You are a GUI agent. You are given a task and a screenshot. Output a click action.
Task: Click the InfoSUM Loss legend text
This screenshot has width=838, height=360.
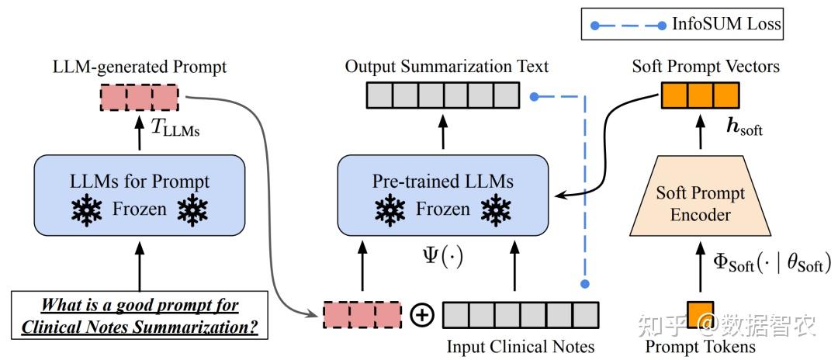tap(726, 24)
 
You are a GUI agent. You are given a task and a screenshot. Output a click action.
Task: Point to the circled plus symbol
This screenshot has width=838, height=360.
tap(421, 315)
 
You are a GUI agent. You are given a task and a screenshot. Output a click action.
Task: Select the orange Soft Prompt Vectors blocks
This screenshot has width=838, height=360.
tap(700, 95)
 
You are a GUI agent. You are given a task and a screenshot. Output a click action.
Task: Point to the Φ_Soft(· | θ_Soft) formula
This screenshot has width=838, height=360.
tap(772, 262)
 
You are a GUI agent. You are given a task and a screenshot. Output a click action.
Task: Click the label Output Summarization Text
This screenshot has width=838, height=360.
tap(447, 67)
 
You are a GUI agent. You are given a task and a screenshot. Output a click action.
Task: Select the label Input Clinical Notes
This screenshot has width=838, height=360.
tap(521, 347)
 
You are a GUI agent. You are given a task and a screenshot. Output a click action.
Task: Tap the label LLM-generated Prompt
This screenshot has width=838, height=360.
tap(140, 67)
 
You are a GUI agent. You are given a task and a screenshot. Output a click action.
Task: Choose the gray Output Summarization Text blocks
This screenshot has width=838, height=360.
tap(443, 95)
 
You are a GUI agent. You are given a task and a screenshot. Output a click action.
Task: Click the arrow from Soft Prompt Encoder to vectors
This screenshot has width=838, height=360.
tap(700, 132)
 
